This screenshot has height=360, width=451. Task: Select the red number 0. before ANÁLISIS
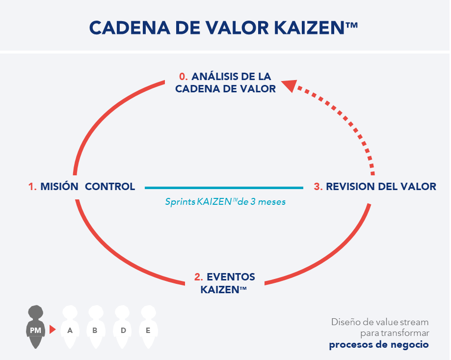[x=183, y=77]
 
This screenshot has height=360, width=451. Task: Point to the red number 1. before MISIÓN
[x=32, y=187]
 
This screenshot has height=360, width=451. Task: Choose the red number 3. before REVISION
[x=318, y=187]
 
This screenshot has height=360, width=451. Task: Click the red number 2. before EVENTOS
[x=199, y=277]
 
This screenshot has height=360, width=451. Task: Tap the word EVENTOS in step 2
[x=231, y=277]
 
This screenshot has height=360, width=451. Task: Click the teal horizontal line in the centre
[x=224, y=187]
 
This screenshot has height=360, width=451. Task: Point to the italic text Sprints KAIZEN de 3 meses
[x=225, y=201]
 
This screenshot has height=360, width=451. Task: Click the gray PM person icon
[x=35, y=326]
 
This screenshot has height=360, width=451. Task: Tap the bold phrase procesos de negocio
[x=378, y=344]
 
